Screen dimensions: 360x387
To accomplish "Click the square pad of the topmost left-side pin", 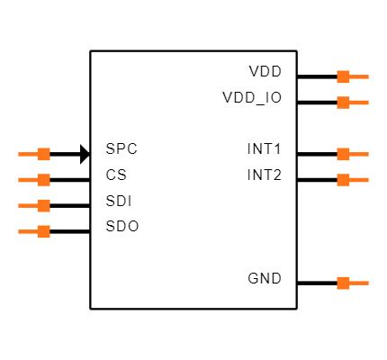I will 43,154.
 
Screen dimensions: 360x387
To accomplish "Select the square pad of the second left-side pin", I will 43,180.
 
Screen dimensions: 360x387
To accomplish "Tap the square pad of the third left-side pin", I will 43,205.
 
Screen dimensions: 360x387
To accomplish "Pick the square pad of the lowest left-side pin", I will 43,231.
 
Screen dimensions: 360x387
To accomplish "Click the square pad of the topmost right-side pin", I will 343,76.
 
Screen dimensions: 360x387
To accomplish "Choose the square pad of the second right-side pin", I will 343,103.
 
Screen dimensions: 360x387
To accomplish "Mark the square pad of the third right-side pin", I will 343,154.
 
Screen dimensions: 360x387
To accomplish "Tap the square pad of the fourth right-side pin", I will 343,180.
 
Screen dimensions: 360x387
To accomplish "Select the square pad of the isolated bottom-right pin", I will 343,283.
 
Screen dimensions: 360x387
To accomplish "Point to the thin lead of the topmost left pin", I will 27,154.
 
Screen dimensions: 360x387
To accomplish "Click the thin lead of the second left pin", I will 27,180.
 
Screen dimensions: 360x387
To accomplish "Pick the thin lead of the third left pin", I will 27,205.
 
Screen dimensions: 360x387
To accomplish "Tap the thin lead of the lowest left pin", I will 27,231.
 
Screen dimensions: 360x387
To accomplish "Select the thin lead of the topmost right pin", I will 359,76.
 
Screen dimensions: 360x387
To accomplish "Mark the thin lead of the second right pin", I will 359,103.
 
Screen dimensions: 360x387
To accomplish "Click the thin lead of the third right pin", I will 359,154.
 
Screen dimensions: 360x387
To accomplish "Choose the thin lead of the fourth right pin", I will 359,180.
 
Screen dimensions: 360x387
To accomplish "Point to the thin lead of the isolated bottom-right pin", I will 359,283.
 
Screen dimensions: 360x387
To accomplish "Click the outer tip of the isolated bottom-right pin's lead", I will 367,283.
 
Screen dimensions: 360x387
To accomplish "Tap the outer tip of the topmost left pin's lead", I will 19,154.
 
